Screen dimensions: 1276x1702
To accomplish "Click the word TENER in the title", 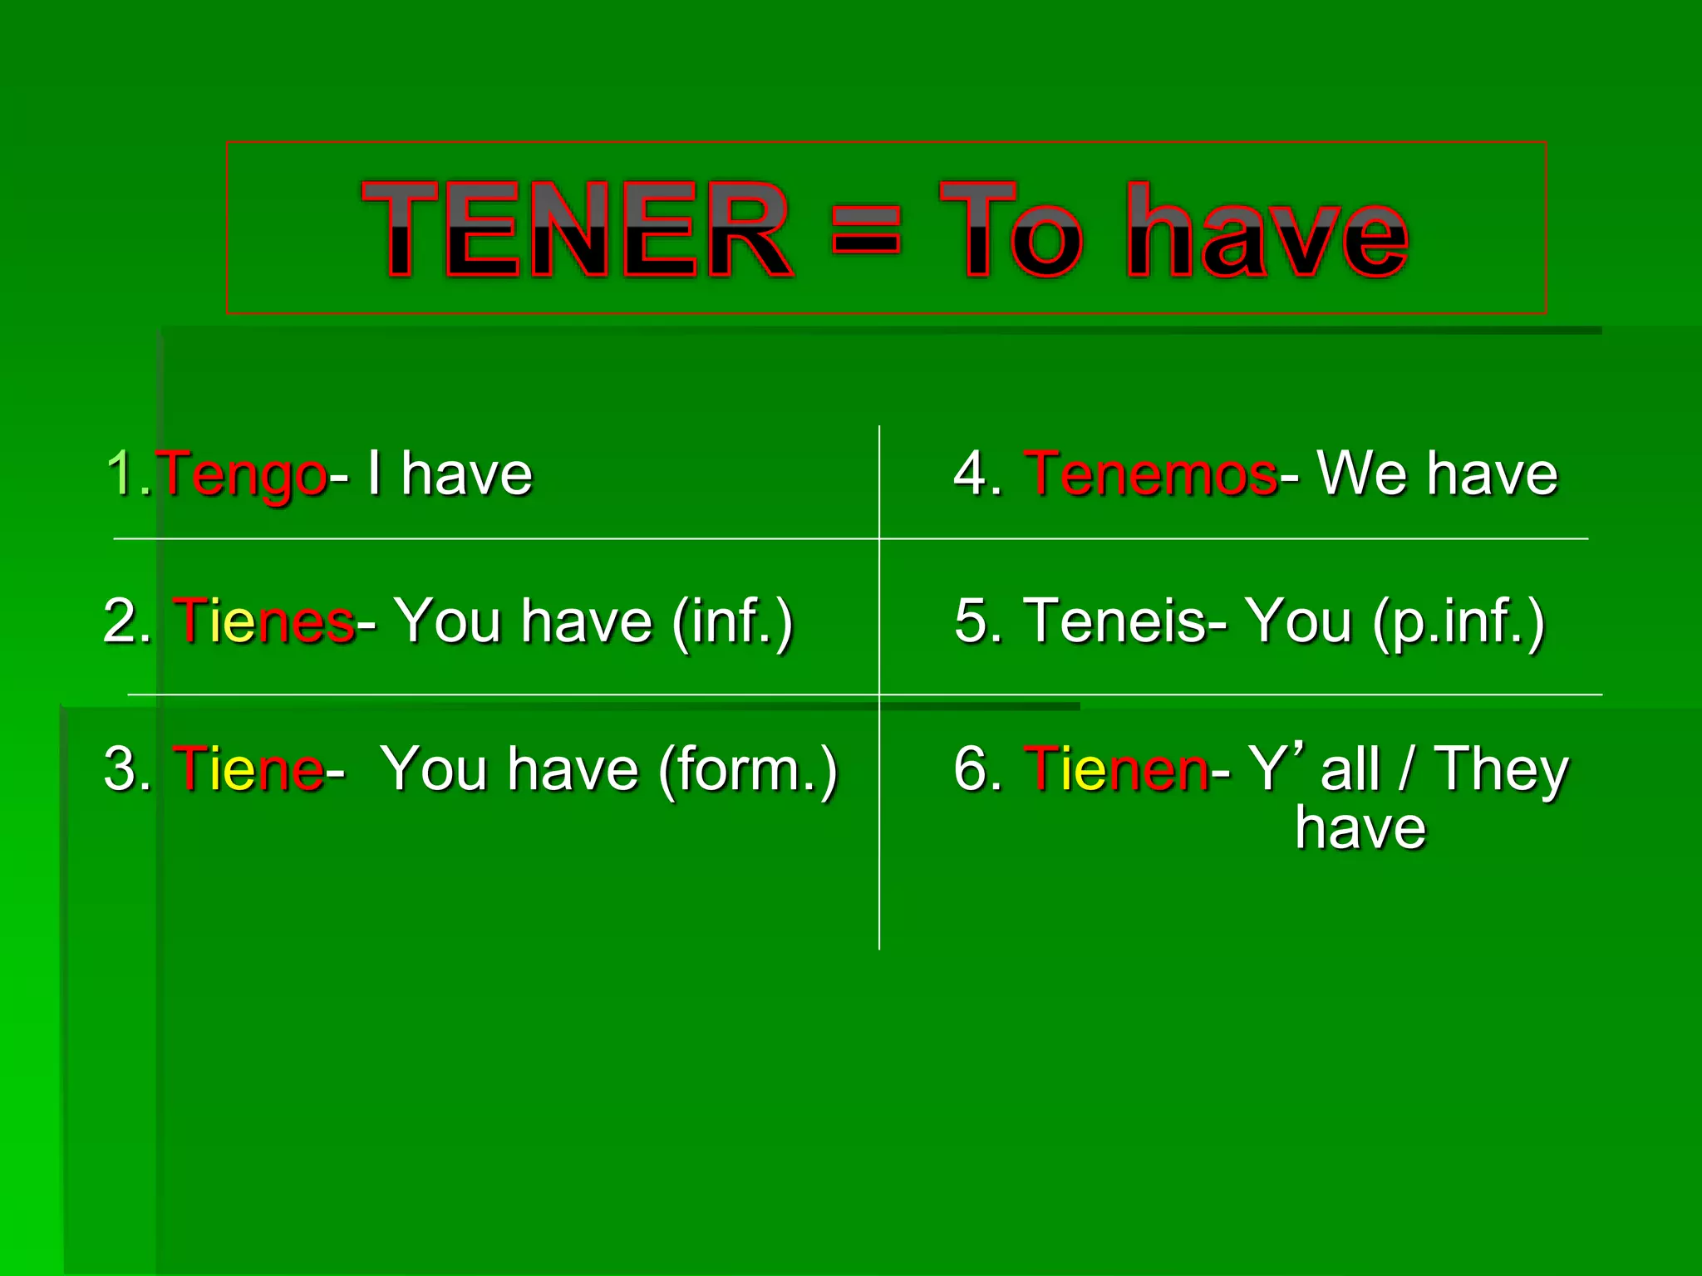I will (x=577, y=230).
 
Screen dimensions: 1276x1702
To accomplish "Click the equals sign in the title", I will (x=865, y=230).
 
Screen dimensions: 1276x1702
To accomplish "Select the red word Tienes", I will (x=263, y=621).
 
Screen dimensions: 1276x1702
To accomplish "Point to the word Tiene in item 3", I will (x=248, y=768).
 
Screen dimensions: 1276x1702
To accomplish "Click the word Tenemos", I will (x=1151, y=474).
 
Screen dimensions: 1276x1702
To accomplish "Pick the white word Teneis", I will (x=1116, y=621).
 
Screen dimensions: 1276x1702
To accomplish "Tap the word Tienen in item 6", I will (x=1116, y=768).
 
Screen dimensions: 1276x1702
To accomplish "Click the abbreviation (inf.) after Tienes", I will (x=732, y=621).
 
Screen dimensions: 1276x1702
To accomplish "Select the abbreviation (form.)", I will (x=748, y=770).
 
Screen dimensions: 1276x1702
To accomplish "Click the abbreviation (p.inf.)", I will (x=1459, y=621).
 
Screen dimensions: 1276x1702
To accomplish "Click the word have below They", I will (x=1360, y=828).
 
